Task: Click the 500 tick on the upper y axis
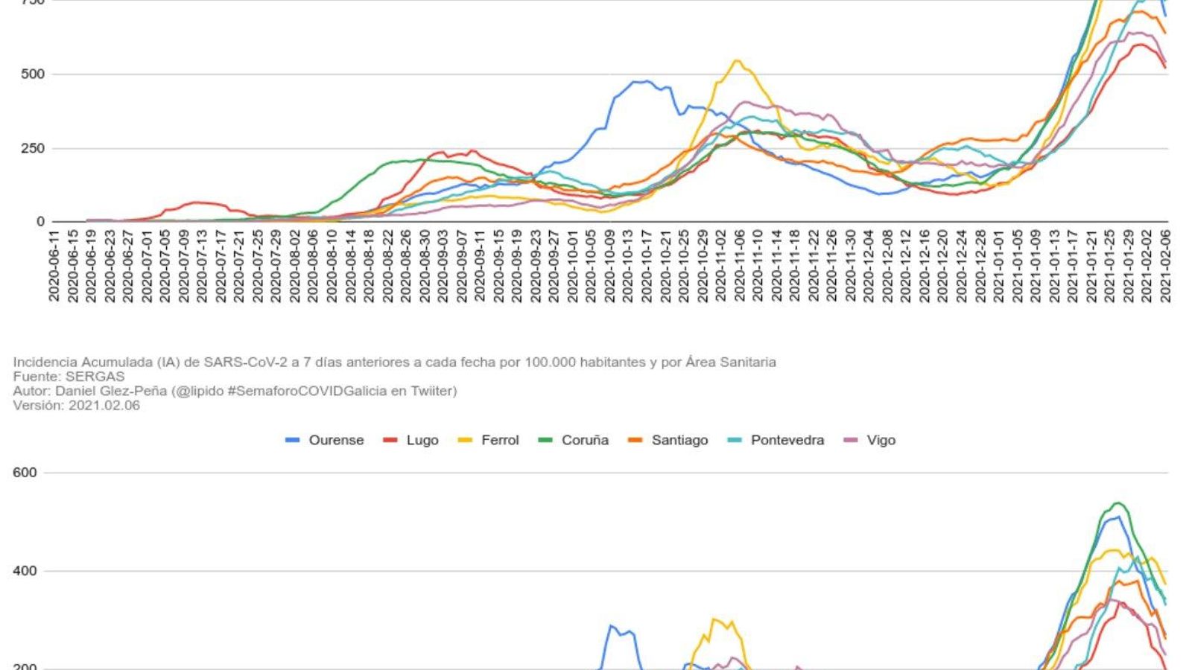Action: (33, 74)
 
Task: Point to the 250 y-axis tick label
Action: (33, 148)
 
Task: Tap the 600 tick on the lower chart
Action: (25, 473)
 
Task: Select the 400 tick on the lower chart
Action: (25, 571)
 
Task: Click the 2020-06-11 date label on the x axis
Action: (54, 266)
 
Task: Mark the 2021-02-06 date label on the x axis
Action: (1164, 266)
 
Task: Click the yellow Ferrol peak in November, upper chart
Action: (737, 61)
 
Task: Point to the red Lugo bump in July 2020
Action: (197, 202)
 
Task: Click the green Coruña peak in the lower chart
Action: (1118, 503)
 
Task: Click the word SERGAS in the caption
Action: (95, 377)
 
